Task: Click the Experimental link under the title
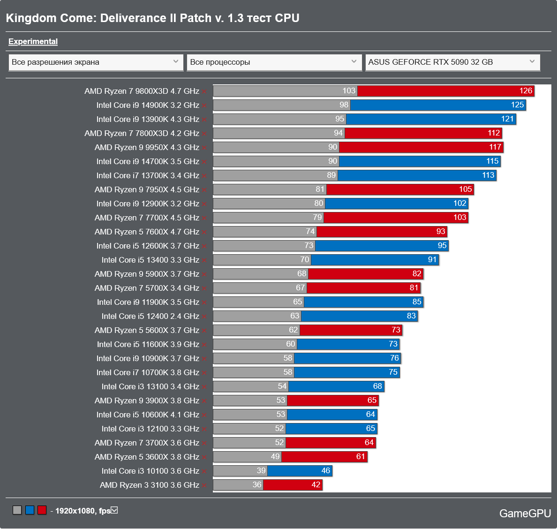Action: [x=33, y=42]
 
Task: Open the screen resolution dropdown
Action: [x=96, y=62]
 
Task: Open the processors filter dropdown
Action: [x=274, y=62]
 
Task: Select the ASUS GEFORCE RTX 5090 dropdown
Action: [x=452, y=62]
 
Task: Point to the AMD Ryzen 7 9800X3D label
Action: [x=142, y=91]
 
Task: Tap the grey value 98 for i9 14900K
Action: [x=344, y=105]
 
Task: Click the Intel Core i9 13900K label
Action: [x=148, y=120]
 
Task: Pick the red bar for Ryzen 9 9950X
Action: [x=421, y=147]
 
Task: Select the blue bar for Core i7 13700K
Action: [x=416, y=175]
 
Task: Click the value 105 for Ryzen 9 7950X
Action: [x=465, y=189]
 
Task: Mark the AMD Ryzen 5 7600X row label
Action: [x=147, y=232]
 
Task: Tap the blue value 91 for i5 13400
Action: [x=432, y=260]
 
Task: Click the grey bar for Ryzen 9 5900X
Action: [x=260, y=274]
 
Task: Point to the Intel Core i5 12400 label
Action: [x=150, y=317]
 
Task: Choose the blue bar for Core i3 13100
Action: [x=336, y=386]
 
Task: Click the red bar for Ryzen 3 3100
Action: [x=293, y=485]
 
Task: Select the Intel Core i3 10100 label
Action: [x=150, y=471]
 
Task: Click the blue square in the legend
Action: [x=30, y=510]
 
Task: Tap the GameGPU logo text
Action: [x=525, y=514]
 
